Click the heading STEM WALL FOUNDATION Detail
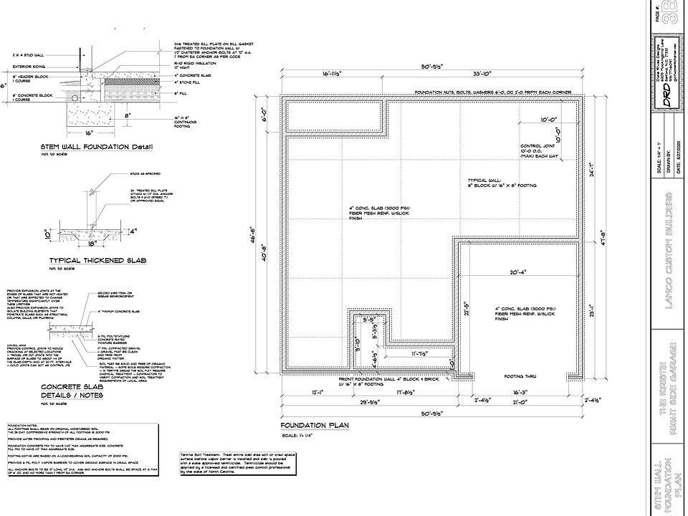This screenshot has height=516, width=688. click(96, 148)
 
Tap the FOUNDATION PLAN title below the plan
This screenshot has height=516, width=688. click(314, 425)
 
